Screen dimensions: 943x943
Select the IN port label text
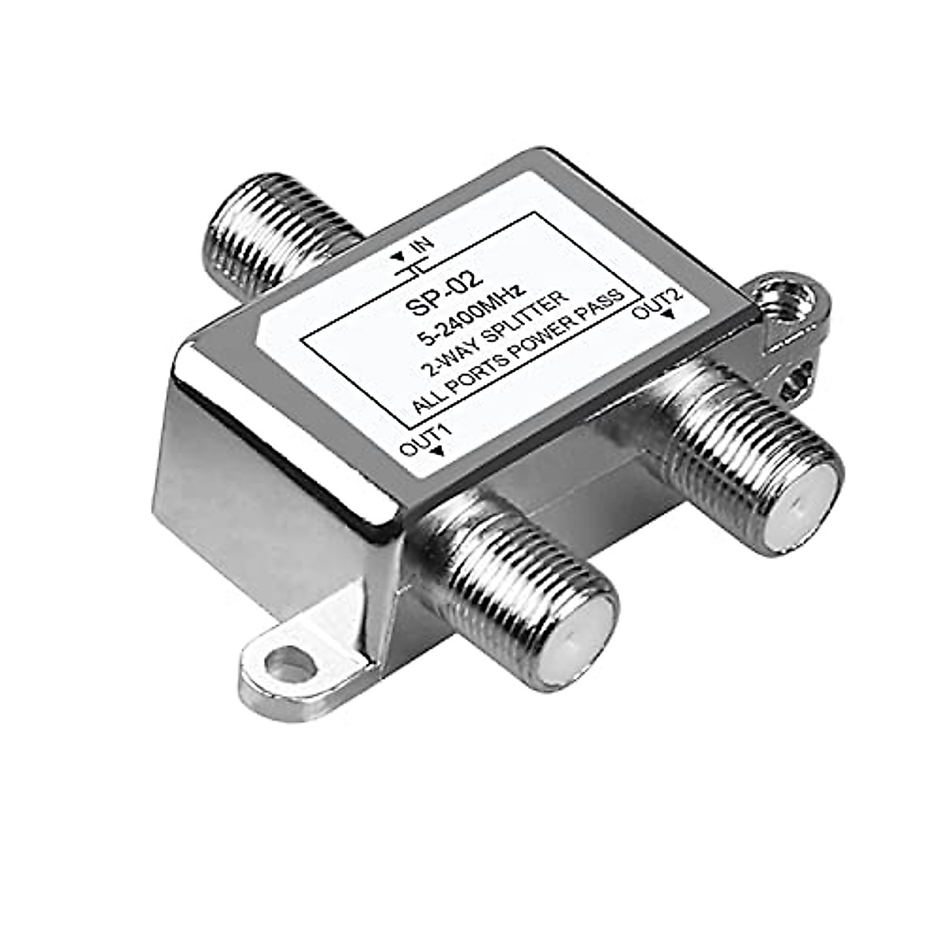tap(422, 244)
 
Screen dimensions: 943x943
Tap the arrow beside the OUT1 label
tap(438, 450)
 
